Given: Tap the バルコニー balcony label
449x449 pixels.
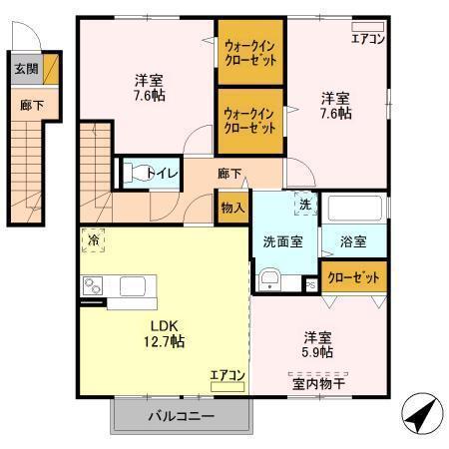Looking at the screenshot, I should (x=181, y=414).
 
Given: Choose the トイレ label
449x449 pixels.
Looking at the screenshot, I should (x=163, y=174).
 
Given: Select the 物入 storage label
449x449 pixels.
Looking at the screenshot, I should (x=231, y=208).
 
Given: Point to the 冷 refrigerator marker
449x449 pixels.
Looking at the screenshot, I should (x=93, y=241).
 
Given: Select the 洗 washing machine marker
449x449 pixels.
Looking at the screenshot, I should (x=302, y=205).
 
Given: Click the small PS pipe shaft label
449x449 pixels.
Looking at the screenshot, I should (x=310, y=285).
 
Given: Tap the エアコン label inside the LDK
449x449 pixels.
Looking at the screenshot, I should (x=227, y=376).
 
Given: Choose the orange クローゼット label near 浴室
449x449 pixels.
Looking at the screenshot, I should (x=353, y=276).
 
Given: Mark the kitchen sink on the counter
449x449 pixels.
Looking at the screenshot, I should (x=133, y=287).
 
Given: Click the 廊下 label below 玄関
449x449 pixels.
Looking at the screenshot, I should (x=25, y=103).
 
